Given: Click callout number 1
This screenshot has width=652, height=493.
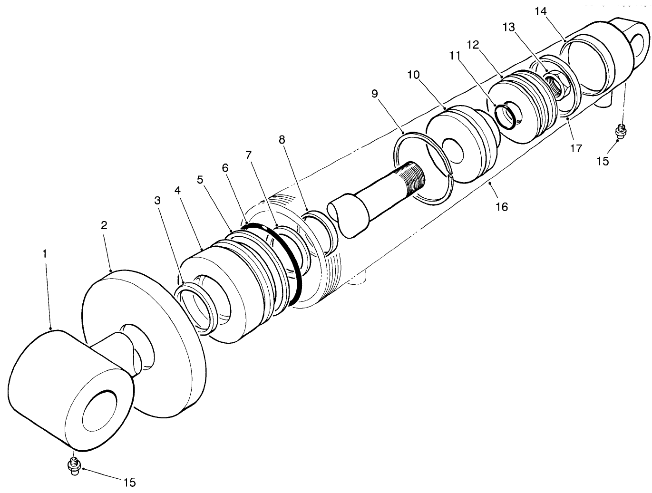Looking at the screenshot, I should (45, 254).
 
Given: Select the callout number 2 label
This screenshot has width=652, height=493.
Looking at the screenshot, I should (104, 225).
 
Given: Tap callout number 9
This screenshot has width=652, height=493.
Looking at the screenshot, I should (375, 93).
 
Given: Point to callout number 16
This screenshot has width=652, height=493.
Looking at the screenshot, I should (502, 206).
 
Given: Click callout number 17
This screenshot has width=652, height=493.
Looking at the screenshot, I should (576, 148).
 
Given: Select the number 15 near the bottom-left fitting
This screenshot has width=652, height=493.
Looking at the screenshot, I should (129, 483).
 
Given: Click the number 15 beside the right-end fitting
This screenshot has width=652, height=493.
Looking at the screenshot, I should (603, 161).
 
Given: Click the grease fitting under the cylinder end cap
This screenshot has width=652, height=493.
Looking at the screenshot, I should (620, 129).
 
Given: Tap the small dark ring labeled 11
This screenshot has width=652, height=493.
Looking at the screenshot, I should (505, 116).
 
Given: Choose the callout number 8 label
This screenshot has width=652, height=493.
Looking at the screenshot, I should (282, 139).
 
